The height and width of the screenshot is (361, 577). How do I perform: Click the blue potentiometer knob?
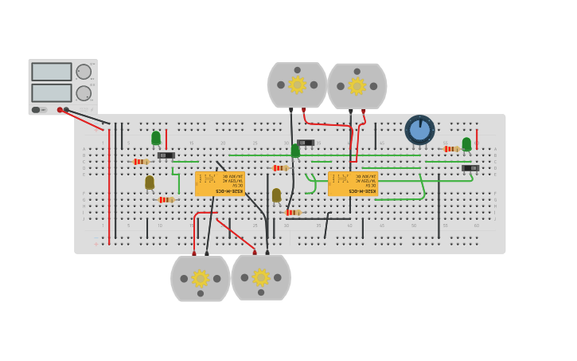coord(419,130)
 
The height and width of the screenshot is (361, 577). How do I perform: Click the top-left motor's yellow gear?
coord(297,84)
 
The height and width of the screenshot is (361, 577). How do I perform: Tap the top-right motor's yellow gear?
coord(357,86)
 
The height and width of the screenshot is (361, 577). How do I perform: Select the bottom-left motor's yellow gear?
coord(201,278)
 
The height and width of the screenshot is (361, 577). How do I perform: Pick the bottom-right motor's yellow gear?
coord(261,277)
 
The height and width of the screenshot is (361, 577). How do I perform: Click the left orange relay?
coord(220,183)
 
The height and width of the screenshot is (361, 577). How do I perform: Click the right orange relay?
coord(353,183)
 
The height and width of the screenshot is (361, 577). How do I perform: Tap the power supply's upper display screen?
coord(51,72)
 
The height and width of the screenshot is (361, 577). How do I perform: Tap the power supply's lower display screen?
coord(51,92)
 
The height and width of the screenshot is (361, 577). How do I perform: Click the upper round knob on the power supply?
coord(84,72)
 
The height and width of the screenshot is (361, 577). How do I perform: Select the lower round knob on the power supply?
coord(84,93)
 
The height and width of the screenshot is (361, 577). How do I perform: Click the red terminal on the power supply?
coord(60,110)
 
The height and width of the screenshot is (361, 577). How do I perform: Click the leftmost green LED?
coord(156,138)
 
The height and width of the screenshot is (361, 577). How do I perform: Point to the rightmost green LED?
coord(466,143)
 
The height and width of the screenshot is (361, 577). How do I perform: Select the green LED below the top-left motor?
coord(295,150)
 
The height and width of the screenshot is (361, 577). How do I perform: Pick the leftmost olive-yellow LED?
coord(150,182)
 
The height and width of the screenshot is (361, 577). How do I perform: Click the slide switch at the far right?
coord(470,168)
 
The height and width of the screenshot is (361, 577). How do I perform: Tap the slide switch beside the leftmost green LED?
coord(166,155)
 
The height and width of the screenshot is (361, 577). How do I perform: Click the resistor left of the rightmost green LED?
coord(451,149)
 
